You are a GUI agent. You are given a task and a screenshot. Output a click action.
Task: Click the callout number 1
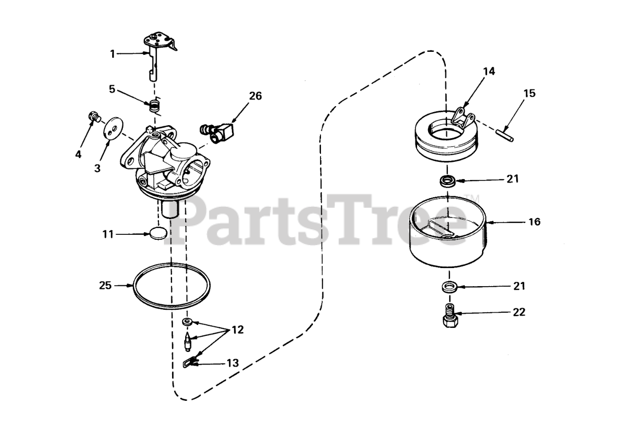pos(112,53)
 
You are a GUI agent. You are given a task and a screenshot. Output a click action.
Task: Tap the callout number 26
pos(256,96)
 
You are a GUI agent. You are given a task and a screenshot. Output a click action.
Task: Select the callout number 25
pos(105,286)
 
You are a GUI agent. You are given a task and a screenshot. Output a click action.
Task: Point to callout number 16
pos(535,221)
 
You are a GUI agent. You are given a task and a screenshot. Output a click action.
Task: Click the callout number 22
pos(519,312)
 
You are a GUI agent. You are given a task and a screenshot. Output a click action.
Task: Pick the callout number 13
pos(232,363)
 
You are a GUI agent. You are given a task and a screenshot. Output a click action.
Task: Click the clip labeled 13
pos(189,361)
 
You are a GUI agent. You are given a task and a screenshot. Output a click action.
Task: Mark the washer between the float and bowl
pos(446,181)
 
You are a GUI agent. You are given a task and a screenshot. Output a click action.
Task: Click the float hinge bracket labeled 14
pos(463,119)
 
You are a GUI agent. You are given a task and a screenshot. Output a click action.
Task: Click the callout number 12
pos(237,330)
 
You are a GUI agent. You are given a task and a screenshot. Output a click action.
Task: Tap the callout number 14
pos(489,71)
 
